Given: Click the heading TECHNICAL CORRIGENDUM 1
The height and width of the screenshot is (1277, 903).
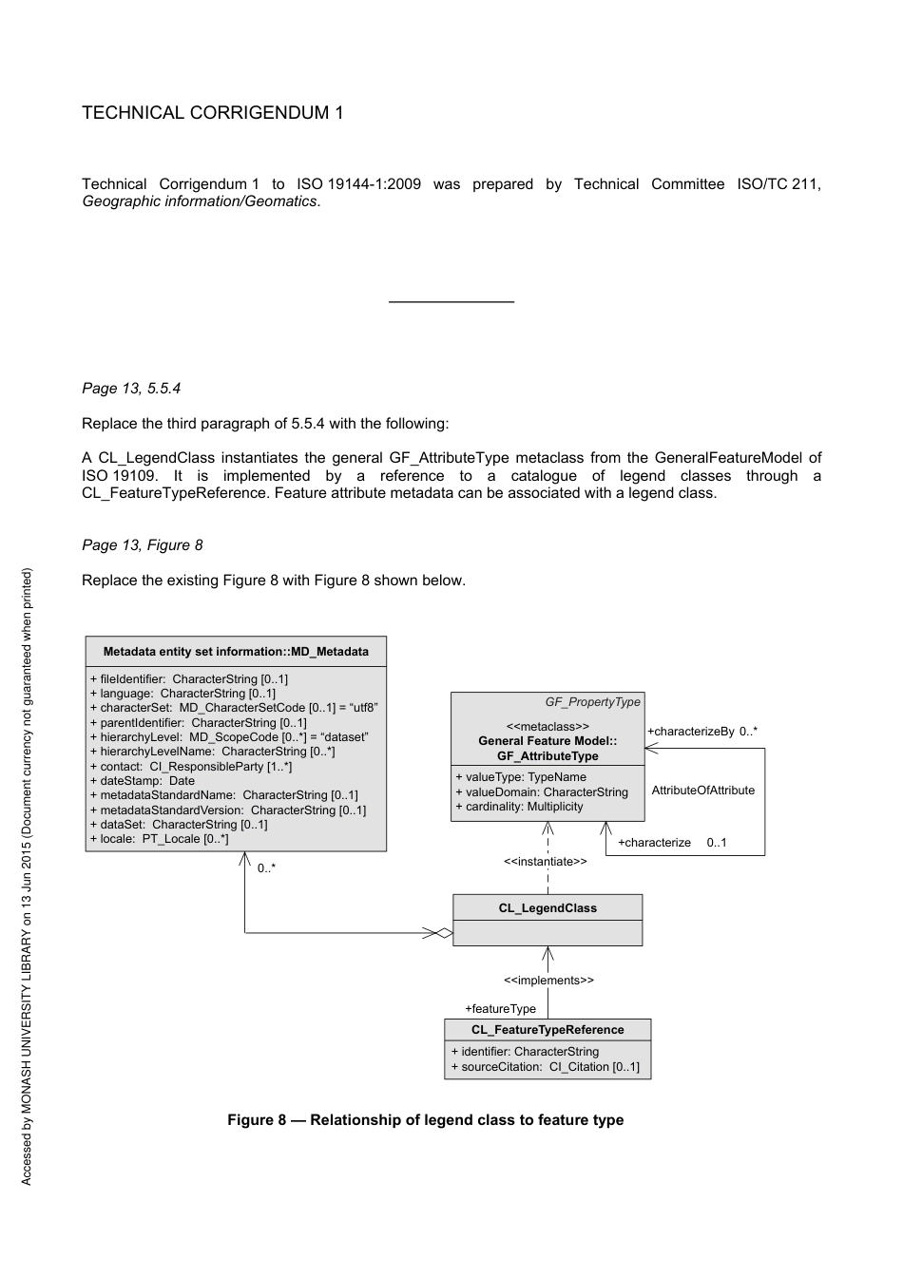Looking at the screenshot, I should click(213, 113).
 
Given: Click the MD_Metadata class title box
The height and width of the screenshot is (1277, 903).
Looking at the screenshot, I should click(236, 652).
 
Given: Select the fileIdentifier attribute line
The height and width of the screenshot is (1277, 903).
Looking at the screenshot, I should click(188, 679).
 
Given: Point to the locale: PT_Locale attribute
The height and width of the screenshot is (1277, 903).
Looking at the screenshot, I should click(159, 839).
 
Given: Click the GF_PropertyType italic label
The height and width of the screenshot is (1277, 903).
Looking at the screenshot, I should click(592, 702).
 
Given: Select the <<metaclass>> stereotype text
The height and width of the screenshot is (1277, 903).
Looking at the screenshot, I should click(548, 727).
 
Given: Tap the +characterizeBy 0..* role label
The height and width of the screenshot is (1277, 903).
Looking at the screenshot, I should click(702, 732).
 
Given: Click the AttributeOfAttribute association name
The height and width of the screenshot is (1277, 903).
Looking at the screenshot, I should click(702, 791).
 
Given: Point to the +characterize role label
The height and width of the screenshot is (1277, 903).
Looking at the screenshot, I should click(655, 843).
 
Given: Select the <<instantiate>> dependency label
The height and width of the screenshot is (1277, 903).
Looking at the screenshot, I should click(546, 862).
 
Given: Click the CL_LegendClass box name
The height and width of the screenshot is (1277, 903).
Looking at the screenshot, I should click(548, 908).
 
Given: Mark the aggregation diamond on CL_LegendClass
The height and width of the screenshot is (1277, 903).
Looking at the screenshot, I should click(443, 933).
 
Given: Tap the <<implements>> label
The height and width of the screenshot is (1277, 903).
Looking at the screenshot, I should click(548, 981).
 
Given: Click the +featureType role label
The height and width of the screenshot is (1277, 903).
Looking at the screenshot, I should click(500, 1009).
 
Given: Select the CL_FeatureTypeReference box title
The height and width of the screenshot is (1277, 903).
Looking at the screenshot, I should click(548, 1030).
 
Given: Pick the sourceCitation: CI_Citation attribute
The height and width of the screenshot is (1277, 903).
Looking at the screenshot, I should click(545, 1067).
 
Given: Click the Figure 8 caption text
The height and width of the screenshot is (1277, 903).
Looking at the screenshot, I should click(425, 1120).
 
